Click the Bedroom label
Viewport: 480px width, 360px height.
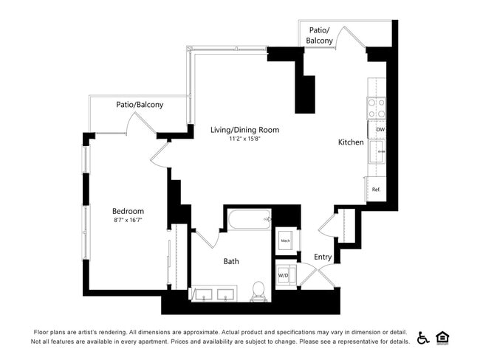pos(128,211)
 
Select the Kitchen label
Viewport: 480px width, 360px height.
pos(351,142)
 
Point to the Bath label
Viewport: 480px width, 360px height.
pos(231,260)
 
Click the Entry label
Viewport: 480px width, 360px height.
pos(323,257)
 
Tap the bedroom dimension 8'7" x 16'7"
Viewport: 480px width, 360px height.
pos(128,221)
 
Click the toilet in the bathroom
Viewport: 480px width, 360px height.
pos(258,291)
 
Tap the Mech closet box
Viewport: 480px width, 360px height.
pos(285,240)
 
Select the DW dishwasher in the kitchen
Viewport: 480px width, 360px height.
pos(380,130)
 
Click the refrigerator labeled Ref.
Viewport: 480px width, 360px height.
pos(376,190)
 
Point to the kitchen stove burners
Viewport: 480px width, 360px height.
pos(377,108)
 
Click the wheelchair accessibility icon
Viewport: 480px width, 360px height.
pos(423,338)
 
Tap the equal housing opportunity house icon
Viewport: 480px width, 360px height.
pos(443,338)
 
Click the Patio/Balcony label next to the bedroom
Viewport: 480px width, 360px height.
pos(140,105)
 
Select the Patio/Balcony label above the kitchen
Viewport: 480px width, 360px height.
pos(319,35)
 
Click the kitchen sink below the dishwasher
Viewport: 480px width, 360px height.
pos(380,152)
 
